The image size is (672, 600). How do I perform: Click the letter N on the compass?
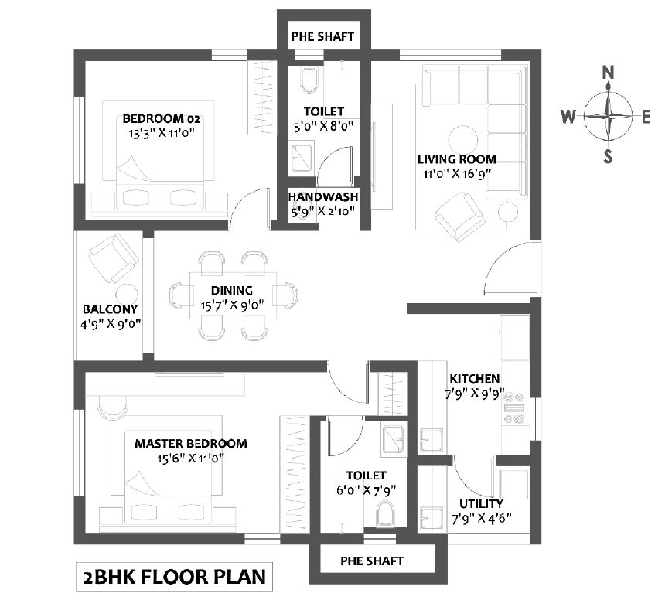point(608,72)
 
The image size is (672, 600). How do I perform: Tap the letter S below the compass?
point(608,156)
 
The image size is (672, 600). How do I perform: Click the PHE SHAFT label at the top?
point(322,36)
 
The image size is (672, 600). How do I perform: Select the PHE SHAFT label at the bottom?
point(371,561)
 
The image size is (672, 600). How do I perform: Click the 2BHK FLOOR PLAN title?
point(175,577)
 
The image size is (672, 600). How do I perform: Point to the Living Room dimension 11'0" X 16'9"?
point(457,174)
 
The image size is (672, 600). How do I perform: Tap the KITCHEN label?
point(475,378)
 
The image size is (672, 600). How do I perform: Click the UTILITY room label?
point(481,503)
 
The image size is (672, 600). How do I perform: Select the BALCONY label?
point(110,309)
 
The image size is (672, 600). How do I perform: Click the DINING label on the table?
point(232,291)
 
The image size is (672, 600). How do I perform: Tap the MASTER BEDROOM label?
point(191,444)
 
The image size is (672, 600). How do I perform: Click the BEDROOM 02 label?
point(161,118)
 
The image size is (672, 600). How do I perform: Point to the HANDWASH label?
point(323,196)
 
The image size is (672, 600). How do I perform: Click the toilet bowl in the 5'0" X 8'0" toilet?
point(309,80)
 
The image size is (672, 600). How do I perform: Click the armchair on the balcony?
point(113,258)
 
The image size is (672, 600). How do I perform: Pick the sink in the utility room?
point(432,520)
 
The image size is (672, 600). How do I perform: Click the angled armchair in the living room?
point(460,216)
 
